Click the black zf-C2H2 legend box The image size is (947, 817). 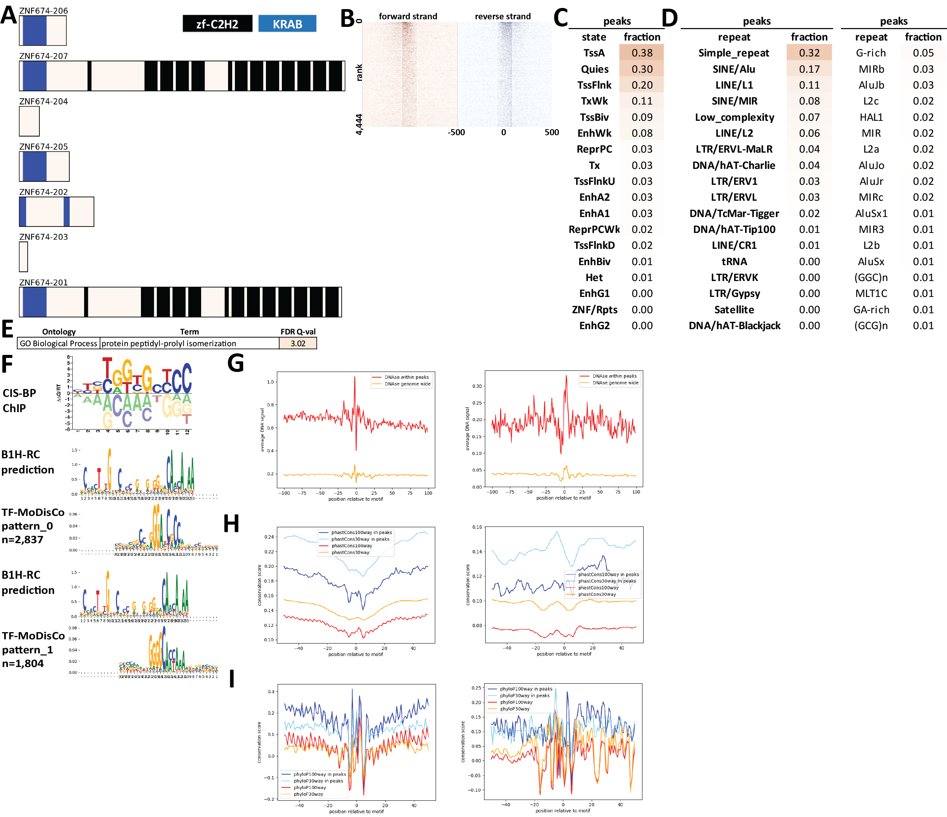pyautogui.click(x=217, y=24)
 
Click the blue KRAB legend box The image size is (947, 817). pyautogui.click(x=287, y=24)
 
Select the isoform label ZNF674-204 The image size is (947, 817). pyautogui.click(x=44, y=102)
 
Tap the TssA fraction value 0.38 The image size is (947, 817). pyautogui.click(x=642, y=53)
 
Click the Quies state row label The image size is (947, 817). pyautogui.click(x=594, y=69)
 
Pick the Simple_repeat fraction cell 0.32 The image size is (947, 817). pyautogui.click(x=809, y=53)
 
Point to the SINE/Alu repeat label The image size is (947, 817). pyautogui.click(x=734, y=69)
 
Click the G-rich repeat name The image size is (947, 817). pyautogui.click(x=871, y=53)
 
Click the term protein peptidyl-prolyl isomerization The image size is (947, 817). pyautogui.click(x=169, y=343)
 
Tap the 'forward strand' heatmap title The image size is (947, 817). pyautogui.click(x=408, y=16)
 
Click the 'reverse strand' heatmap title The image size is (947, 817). pyautogui.click(x=502, y=16)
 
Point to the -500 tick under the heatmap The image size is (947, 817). pyautogui.click(x=456, y=133)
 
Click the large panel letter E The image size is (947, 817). pyautogui.click(x=8, y=329)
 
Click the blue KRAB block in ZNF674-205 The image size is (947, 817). pyautogui.click(x=34, y=166)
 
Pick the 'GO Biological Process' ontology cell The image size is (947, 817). pyautogui.click(x=58, y=343)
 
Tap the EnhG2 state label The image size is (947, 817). pyautogui.click(x=594, y=326)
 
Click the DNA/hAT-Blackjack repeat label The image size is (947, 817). pyautogui.click(x=734, y=326)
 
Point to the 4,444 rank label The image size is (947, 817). pyautogui.click(x=359, y=124)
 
